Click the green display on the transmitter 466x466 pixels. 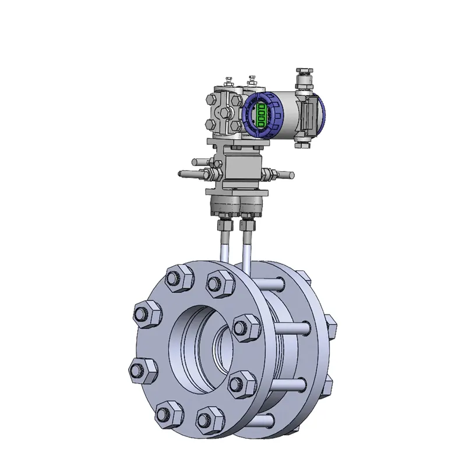click(x=262, y=115)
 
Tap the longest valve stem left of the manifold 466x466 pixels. click(x=189, y=174)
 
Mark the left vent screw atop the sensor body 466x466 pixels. click(x=228, y=82)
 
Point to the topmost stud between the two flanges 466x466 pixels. click(x=272, y=284)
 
